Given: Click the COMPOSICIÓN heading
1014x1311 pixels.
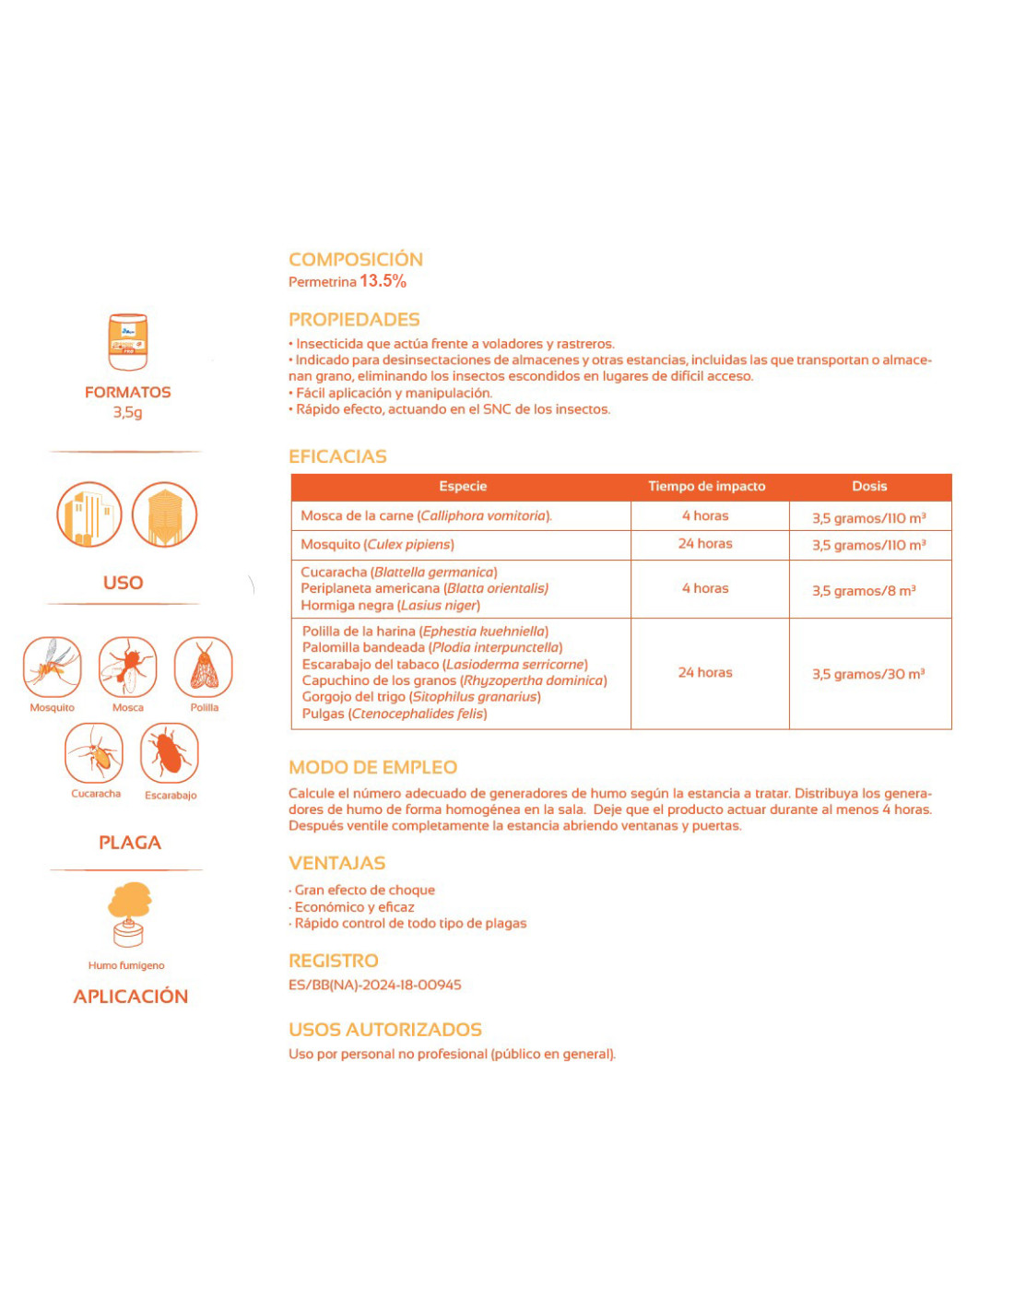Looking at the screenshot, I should [356, 259].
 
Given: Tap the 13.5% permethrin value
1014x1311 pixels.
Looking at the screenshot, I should [383, 281].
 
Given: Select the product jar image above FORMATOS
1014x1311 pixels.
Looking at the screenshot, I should [128, 341].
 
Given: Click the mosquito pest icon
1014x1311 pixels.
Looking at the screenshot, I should [53, 667].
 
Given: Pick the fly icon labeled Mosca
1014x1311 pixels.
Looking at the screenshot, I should [128, 667].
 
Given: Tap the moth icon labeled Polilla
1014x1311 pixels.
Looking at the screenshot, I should [204, 667].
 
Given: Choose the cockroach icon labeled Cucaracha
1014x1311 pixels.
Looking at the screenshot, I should [94, 753].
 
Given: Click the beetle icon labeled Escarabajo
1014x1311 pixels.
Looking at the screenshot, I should [170, 753].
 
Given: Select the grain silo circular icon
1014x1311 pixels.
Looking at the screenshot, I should [165, 514].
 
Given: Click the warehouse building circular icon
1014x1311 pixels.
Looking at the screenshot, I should [89, 514].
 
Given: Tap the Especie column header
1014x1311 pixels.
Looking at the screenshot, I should [463, 487].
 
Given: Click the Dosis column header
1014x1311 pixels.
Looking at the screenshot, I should [869, 487].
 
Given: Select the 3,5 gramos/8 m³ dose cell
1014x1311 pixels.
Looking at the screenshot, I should [864, 590].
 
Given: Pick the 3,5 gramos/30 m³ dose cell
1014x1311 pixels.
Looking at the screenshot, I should [868, 674].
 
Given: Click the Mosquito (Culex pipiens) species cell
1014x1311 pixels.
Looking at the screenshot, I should [377, 545].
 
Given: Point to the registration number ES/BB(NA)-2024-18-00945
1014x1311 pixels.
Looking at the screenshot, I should [375, 985].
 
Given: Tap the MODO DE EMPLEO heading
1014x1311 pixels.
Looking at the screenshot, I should [372, 767].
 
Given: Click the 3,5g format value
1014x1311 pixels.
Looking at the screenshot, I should [128, 412].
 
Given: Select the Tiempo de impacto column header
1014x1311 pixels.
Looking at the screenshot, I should [707, 487].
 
